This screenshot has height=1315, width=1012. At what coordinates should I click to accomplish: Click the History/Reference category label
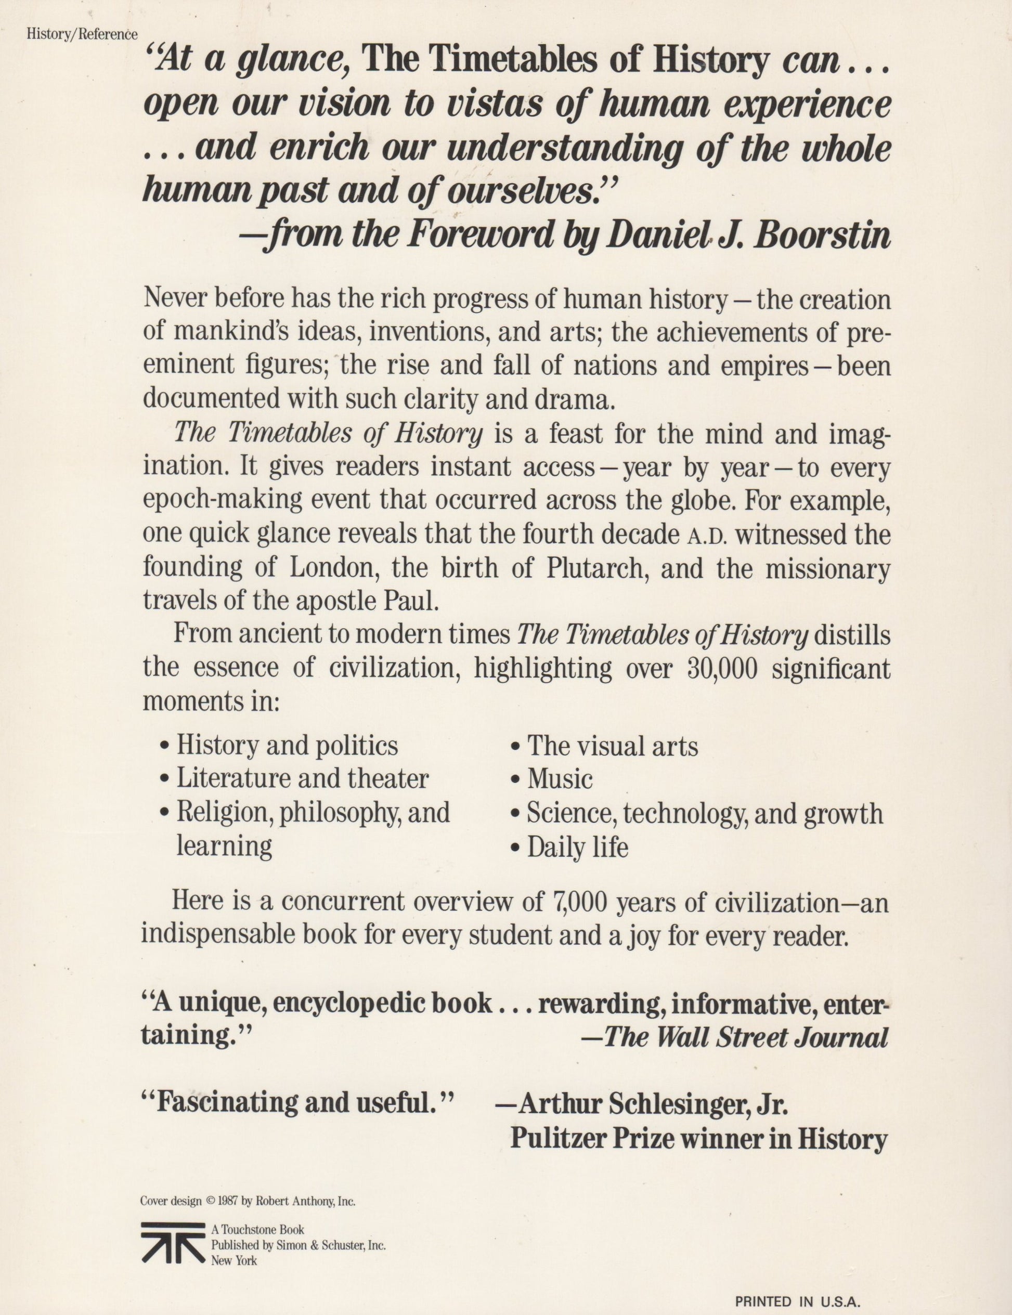[x=82, y=34]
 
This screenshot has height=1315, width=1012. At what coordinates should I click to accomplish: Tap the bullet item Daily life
[x=577, y=848]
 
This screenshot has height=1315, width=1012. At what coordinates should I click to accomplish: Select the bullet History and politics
[x=287, y=746]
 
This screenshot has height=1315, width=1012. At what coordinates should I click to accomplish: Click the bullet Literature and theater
[x=302, y=779]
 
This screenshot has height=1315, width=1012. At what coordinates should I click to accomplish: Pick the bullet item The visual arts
[x=612, y=747]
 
